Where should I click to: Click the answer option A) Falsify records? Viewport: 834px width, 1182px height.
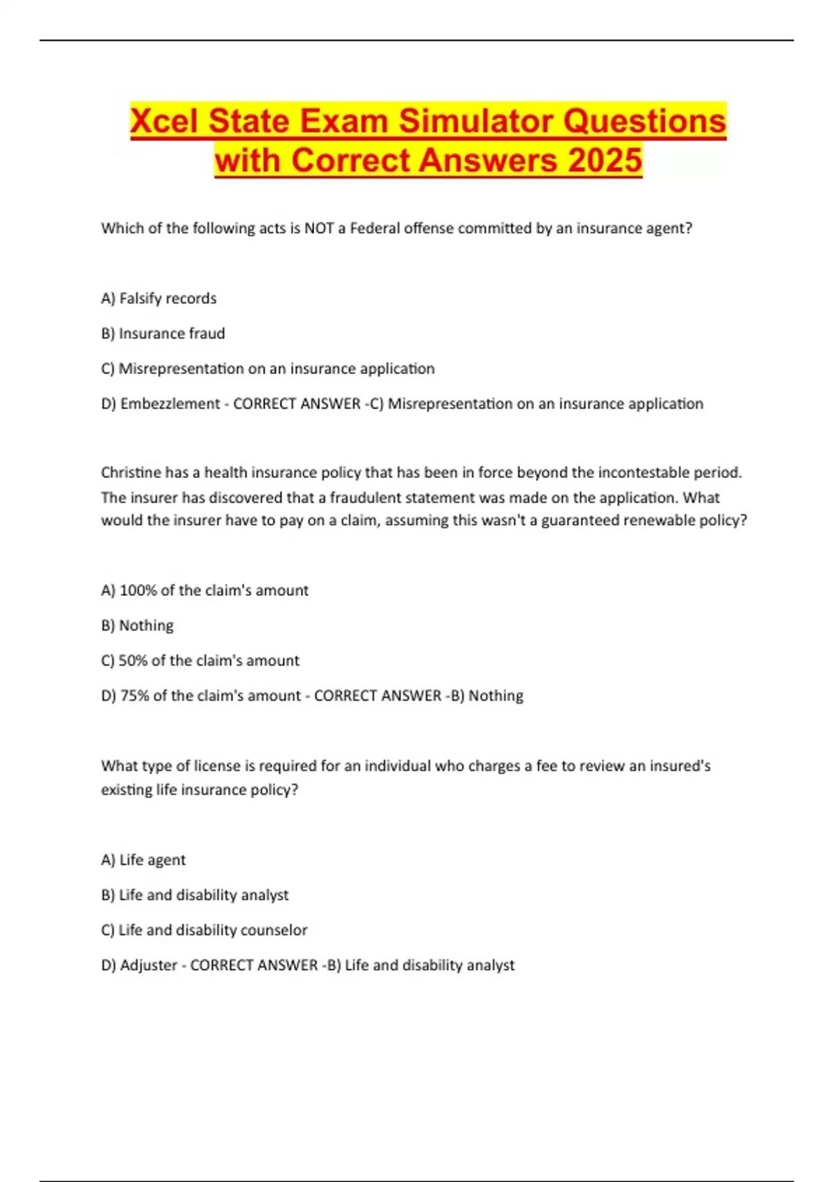point(158,298)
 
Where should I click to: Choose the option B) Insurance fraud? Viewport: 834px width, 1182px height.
point(163,334)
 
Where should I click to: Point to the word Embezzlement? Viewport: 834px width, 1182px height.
point(170,404)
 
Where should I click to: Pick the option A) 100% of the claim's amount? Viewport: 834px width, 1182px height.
point(204,590)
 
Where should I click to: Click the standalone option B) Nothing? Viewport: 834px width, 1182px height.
point(137,626)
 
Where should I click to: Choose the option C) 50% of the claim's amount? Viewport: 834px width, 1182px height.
point(200,661)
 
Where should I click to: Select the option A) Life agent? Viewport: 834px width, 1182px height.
point(143,860)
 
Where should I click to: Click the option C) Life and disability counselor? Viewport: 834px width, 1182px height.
point(204,930)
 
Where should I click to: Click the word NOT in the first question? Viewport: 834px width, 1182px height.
point(319,229)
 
